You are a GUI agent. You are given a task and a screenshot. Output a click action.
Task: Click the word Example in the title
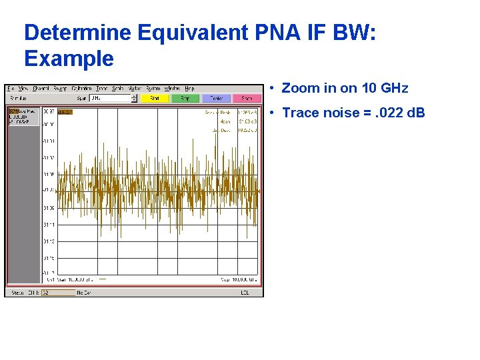pyautogui.click(x=69, y=59)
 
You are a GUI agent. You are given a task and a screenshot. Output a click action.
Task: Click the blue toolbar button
pyautogui.click(x=217, y=98)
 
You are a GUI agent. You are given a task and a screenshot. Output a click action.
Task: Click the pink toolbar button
pyautogui.click(x=247, y=98)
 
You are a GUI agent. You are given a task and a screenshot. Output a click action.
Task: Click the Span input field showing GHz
pyautogui.click(x=111, y=98)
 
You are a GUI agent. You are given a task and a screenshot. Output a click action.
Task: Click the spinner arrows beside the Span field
pyautogui.click(x=134, y=98)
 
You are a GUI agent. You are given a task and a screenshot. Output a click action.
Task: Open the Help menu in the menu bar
pyautogui.click(x=189, y=88)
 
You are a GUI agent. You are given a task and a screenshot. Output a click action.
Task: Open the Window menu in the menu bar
pyautogui.click(x=172, y=88)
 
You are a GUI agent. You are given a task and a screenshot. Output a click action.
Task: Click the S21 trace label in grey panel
pyautogui.click(x=23, y=112)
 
